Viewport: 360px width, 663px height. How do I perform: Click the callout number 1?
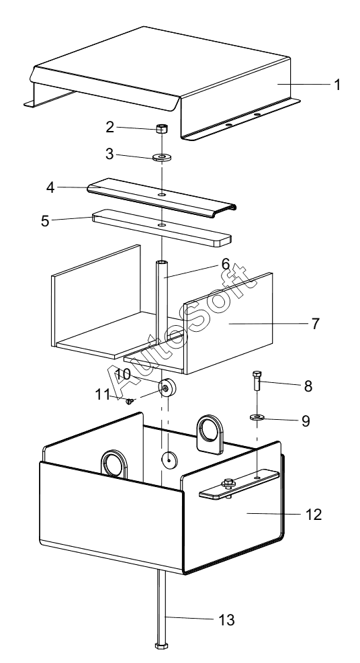point(336,85)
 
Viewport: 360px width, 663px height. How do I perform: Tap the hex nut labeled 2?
point(161,128)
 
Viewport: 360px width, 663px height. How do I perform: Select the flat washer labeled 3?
point(162,158)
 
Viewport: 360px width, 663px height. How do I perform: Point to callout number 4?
point(50,187)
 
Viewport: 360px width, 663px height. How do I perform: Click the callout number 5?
point(45,221)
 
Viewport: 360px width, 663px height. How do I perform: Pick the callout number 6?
point(226,264)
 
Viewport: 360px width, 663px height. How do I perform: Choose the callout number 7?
point(316,324)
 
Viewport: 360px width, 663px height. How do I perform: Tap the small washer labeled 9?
point(257,417)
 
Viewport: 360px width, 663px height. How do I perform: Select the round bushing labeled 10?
point(167,388)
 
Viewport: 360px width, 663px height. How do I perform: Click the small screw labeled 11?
point(130,401)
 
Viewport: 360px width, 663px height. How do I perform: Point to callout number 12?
point(314,515)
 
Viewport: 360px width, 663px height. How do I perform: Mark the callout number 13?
point(226,620)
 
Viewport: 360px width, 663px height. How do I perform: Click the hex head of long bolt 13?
point(161,646)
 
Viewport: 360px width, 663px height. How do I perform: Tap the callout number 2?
point(110,127)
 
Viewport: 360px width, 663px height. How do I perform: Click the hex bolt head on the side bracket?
point(228,482)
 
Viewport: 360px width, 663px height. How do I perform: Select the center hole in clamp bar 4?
point(162,195)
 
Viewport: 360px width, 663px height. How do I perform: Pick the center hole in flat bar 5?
point(162,226)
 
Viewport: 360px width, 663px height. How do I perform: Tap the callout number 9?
point(306,421)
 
